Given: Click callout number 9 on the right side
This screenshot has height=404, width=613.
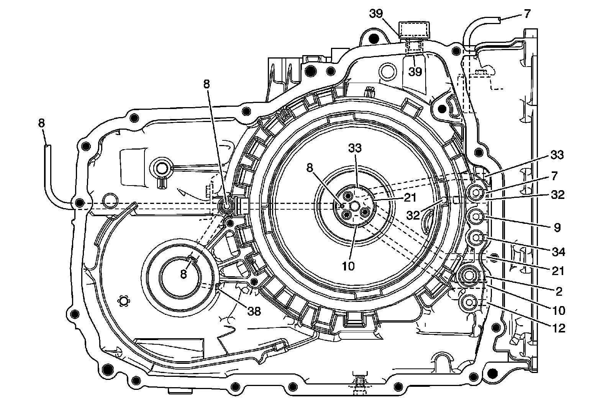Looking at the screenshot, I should (557, 228).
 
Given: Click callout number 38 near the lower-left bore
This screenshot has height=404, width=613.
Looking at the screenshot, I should (253, 311).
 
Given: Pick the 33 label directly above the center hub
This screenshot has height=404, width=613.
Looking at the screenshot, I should (355, 148).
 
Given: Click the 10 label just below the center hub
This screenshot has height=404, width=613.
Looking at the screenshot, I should (349, 266).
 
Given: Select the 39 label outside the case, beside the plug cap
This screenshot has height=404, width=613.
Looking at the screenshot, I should (377, 14).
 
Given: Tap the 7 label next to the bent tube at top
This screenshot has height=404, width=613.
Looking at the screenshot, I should (527, 14).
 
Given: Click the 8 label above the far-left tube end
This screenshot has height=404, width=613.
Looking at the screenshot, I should (41, 123).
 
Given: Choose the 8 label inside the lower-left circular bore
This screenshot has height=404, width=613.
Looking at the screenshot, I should (184, 274).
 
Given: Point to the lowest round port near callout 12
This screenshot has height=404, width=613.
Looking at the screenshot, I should (470, 302).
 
